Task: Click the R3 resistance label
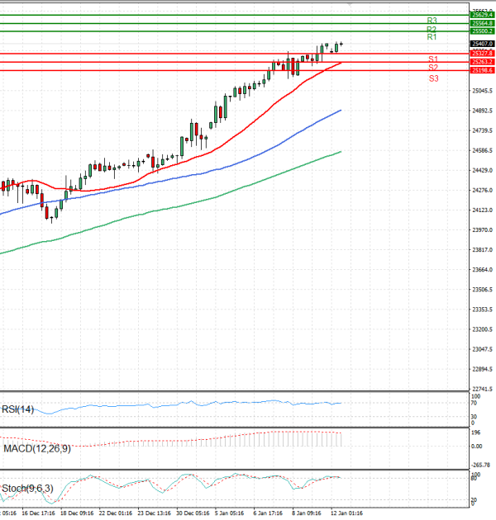coord(432,20)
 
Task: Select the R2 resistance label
coord(432,29)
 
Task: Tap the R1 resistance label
coord(432,37)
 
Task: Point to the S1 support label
coord(433,59)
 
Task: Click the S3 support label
coord(433,78)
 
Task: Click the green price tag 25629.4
coord(481,14)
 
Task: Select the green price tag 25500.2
coord(481,31)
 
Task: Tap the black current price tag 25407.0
coord(481,43)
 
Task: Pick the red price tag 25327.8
coord(481,54)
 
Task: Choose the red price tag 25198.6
coord(481,70)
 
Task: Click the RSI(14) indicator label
coord(17,409)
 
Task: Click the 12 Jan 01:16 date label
coord(347,512)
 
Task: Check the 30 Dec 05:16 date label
coord(192,512)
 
